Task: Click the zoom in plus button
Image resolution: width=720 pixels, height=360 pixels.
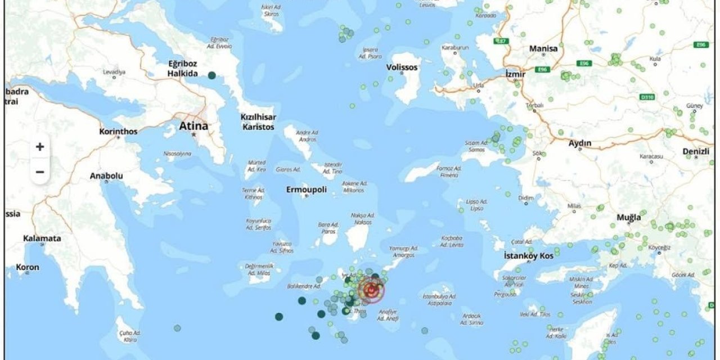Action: (40, 147)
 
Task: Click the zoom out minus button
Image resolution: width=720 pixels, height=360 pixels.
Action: (40, 172)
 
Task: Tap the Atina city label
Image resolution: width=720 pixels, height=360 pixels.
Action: (193, 126)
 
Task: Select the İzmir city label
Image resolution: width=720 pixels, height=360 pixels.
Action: (515, 74)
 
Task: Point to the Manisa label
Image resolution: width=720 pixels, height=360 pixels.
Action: (543, 49)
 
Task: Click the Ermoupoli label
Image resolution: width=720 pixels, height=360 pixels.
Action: (307, 190)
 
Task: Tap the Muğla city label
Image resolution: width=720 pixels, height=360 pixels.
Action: (629, 217)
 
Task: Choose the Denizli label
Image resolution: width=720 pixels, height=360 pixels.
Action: (696, 151)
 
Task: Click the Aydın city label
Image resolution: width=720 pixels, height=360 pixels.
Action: (580, 143)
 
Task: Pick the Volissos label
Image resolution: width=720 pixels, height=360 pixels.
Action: (402, 67)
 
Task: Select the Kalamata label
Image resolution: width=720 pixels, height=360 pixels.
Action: (42, 238)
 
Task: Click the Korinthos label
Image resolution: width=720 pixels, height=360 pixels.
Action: (118, 131)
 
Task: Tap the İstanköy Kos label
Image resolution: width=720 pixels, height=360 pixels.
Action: (528, 256)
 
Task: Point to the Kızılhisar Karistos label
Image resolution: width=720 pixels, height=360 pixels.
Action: (258, 122)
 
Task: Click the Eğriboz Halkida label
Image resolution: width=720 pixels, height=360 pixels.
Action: (182, 68)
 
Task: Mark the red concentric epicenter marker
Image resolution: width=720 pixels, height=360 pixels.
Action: (371, 290)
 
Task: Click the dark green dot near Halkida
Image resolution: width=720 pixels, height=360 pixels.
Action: (211, 75)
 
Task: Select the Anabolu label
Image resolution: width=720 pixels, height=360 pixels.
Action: (106, 176)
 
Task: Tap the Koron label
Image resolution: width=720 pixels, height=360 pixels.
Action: (28, 267)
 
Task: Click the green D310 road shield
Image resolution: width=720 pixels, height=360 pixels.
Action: (648, 97)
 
